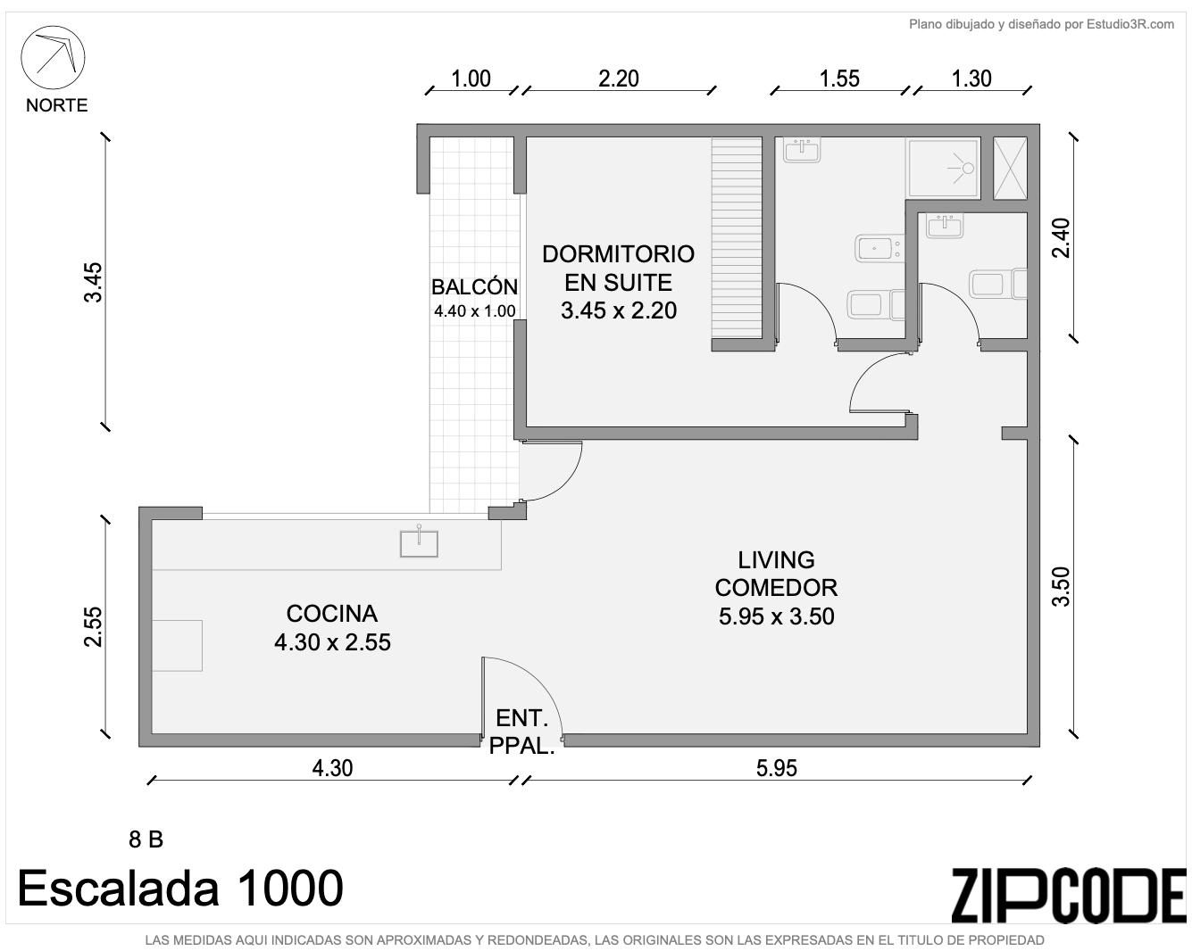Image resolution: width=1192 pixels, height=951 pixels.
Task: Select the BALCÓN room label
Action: [x=474, y=286]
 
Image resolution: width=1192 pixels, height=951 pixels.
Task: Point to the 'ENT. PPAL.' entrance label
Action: [x=521, y=732]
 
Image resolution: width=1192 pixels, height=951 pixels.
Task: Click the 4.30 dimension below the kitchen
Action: [x=332, y=768]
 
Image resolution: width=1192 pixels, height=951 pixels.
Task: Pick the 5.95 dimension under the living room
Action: [x=777, y=768]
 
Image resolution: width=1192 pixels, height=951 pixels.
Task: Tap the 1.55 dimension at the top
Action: [x=839, y=79]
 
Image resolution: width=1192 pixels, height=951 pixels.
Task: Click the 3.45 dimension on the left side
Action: [x=93, y=282]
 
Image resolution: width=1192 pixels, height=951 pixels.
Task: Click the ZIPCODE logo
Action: [x=1069, y=895]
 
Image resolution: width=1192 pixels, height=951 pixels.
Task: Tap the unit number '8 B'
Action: [x=146, y=839]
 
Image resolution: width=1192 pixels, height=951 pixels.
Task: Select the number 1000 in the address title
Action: [x=289, y=888]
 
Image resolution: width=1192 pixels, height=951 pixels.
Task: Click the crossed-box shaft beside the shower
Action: [x=1011, y=169]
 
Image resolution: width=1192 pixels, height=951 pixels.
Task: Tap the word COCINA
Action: [x=332, y=614]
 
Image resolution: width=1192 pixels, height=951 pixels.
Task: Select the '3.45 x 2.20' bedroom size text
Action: [x=618, y=310]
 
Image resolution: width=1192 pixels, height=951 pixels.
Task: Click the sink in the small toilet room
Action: [x=945, y=226]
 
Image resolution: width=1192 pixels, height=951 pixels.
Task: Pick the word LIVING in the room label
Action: [x=776, y=560]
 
